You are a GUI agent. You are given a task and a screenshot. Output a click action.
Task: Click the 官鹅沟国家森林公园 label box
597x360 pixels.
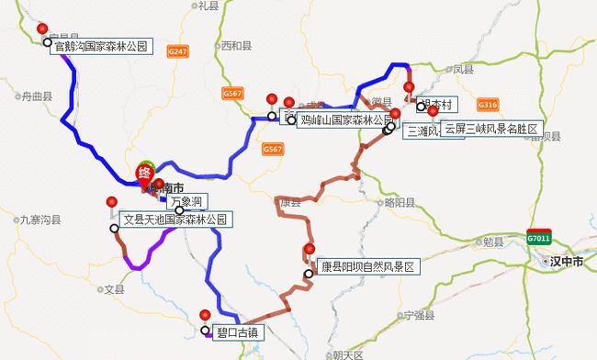click(x=100, y=42)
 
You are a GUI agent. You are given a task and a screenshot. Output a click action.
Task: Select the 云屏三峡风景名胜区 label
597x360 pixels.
click(x=494, y=128)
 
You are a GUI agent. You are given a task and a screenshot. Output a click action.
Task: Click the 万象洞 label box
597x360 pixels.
click(x=186, y=200)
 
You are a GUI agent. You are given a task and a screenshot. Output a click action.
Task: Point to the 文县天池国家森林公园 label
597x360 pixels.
click(x=175, y=219)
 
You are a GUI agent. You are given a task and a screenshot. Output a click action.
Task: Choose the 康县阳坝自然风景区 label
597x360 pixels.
click(x=367, y=267)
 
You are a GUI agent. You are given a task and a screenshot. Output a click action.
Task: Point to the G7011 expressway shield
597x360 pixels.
click(x=538, y=238)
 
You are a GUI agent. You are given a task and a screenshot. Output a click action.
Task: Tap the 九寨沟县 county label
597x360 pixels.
click(x=39, y=219)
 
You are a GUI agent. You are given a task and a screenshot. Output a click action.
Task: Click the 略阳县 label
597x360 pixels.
click(x=400, y=202)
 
